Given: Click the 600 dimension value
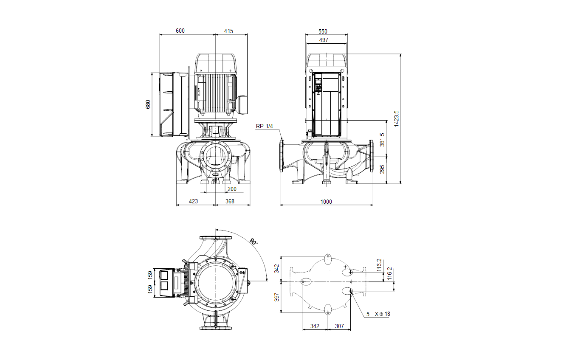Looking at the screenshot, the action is tap(180, 31).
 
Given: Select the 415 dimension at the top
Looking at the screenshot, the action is tap(228, 31).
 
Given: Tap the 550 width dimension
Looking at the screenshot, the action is tap(323, 31).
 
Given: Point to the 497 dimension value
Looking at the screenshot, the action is tap(324, 40).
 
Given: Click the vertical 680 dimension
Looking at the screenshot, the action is tap(148, 104).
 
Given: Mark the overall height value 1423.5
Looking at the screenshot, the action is tap(396, 118).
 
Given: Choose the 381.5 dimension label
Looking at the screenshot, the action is tap(382, 140).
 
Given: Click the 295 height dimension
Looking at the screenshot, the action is tap(382, 169).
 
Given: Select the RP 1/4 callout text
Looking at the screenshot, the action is tap(264, 126).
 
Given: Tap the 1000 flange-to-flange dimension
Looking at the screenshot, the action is tap(326, 202).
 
